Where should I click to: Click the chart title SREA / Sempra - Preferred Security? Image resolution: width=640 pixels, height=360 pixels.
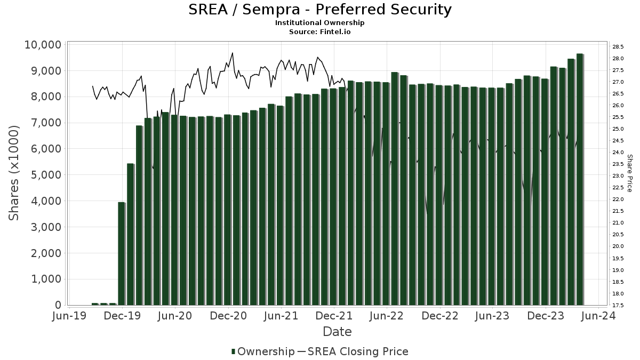[x=320, y=10]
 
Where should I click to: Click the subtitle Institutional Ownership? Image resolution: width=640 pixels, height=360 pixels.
[x=320, y=23]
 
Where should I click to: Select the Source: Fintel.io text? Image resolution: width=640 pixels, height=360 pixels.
[x=320, y=31]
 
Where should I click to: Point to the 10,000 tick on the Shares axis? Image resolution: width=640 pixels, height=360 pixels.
[x=43, y=45]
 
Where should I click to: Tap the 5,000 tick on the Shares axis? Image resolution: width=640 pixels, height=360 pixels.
[x=46, y=175]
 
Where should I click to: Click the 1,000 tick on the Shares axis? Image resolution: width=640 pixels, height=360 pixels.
[x=46, y=279]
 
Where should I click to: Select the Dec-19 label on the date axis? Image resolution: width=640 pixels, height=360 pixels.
[x=123, y=316]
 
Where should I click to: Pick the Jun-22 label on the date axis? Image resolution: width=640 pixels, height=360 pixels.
[x=387, y=316]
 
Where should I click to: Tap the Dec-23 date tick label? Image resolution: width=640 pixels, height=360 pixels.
[x=546, y=316]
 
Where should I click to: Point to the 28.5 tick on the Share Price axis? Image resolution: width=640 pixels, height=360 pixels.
[x=618, y=47]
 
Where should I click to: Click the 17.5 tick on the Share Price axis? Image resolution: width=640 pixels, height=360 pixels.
[x=618, y=306]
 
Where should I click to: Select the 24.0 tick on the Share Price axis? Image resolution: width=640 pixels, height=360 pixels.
[x=618, y=153]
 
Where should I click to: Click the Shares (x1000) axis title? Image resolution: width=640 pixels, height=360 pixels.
[x=14, y=173]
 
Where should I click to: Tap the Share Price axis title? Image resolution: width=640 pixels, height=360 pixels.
[x=629, y=173]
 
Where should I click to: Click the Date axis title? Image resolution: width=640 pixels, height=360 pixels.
[x=337, y=332]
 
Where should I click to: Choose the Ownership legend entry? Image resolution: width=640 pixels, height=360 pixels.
[x=262, y=351]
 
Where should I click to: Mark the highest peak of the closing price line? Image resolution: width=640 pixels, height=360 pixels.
[x=232, y=53]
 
